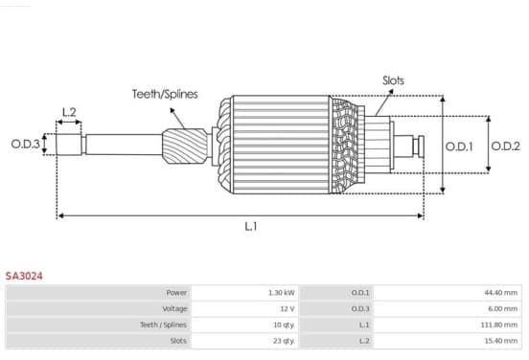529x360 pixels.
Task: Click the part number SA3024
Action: (24, 276)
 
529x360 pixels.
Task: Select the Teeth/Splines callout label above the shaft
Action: (165, 94)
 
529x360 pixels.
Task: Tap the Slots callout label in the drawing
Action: (393, 80)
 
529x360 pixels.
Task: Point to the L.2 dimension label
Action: (69, 112)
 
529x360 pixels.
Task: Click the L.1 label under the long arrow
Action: (251, 226)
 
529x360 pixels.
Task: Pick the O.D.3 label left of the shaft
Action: (25, 145)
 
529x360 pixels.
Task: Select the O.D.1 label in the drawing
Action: (459, 146)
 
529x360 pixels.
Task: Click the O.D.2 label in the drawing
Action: (505, 146)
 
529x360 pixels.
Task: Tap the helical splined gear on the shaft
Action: (185, 146)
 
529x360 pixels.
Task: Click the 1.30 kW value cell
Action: (282, 293)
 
